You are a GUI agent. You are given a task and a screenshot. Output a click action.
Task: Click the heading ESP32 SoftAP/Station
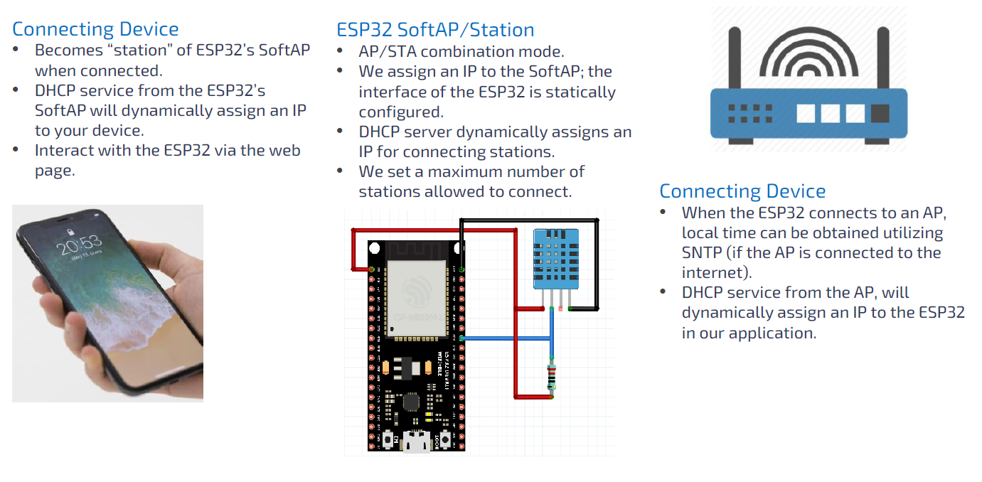[435, 30]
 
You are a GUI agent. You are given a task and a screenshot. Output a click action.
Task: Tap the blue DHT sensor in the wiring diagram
[556, 259]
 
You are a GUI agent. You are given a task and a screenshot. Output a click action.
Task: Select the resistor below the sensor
[552, 377]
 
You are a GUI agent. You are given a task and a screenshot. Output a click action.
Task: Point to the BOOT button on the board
[447, 440]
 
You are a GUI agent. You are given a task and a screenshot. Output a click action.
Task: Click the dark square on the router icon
[880, 113]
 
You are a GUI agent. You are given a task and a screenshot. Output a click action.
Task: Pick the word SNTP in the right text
[705, 253]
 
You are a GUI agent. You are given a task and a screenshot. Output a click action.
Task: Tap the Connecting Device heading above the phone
[95, 29]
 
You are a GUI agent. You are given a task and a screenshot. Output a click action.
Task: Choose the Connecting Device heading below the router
[742, 191]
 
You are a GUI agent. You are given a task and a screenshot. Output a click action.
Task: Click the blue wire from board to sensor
[506, 338]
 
